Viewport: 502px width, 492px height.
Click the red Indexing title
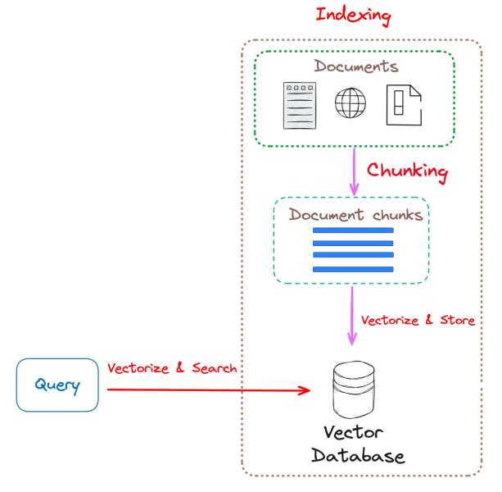pyautogui.click(x=353, y=15)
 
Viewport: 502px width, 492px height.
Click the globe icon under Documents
pyautogui.click(x=351, y=104)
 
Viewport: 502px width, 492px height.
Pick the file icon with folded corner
pyautogui.click(x=403, y=105)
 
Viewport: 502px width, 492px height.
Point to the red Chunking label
pyautogui.click(x=407, y=171)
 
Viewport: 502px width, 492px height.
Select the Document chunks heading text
pyautogui.click(x=355, y=215)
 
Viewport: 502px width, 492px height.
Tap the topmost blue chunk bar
pyautogui.click(x=353, y=230)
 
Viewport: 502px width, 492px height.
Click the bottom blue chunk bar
pyautogui.click(x=353, y=268)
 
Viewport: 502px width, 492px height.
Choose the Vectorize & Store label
pyautogui.click(x=418, y=320)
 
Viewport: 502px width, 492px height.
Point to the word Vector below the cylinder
pyautogui.click(x=352, y=432)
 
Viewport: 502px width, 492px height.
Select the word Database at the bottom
pyautogui.click(x=357, y=456)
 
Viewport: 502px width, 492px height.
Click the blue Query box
pyautogui.click(x=57, y=385)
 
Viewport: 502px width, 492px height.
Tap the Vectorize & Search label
pyautogui.click(x=172, y=368)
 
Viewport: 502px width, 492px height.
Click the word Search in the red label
pyautogui.click(x=215, y=368)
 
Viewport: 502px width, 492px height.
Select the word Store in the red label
pyautogui.click(x=457, y=320)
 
